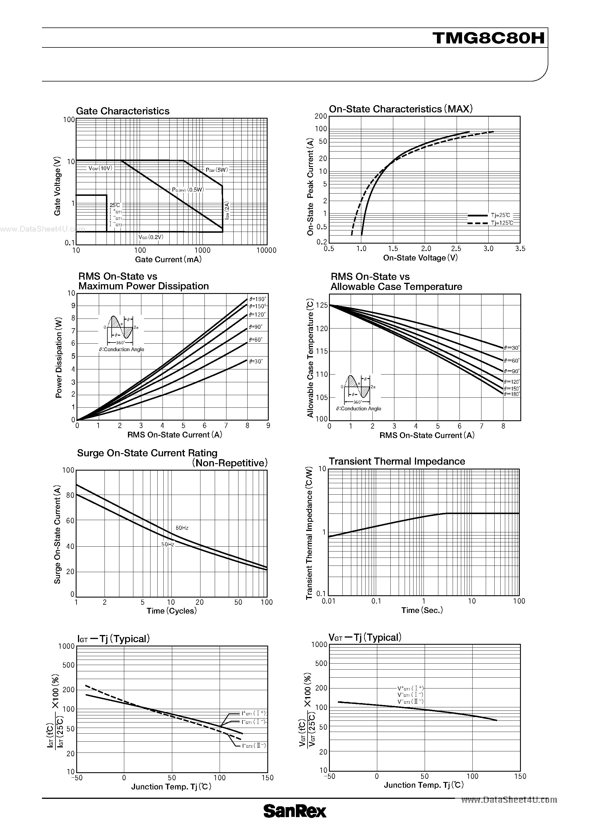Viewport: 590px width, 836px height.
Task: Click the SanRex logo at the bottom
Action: click(x=295, y=821)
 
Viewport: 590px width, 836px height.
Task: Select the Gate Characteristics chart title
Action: click(x=123, y=111)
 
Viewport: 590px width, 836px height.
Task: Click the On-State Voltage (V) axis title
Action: click(x=420, y=258)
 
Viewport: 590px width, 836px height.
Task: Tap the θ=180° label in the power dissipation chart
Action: click(x=258, y=299)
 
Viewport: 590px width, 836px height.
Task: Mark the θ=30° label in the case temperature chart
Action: click(x=512, y=348)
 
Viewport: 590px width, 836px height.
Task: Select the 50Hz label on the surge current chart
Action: click(x=168, y=544)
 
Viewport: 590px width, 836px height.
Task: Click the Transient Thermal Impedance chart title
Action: click(x=396, y=461)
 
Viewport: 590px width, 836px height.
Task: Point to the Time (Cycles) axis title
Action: click(x=171, y=611)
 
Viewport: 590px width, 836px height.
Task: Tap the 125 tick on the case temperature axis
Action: click(x=322, y=305)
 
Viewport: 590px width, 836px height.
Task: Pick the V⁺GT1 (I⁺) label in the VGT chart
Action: click(x=410, y=688)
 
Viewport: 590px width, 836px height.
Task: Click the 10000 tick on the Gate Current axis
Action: click(x=266, y=250)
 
